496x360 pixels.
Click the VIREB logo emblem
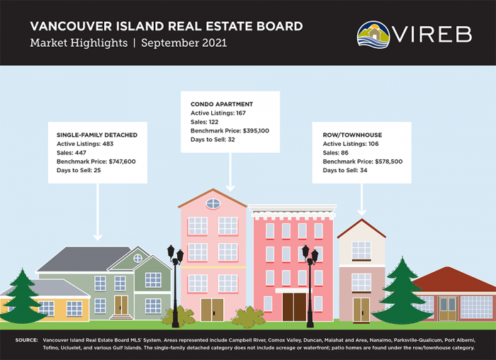pos(373,35)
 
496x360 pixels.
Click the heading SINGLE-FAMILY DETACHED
pos(97,135)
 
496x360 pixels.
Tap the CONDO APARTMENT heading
pos(222,104)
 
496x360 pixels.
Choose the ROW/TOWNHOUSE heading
pos(347,135)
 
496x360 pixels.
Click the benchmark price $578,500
pos(380,162)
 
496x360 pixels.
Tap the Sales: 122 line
pos(207,122)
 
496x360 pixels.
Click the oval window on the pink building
pos(213,204)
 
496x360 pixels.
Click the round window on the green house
pos(137,259)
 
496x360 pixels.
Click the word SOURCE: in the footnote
pos(26,341)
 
